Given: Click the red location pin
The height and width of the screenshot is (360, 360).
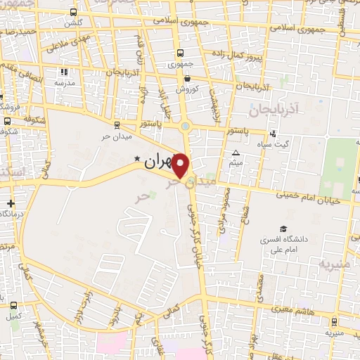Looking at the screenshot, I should pyautogui.click(x=181, y=165).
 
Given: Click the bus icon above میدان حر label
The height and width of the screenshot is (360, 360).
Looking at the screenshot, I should pyautogui.click(x=116, y=124).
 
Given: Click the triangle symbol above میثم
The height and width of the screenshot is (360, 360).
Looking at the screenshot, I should pyautogui.click(x=236, y=153).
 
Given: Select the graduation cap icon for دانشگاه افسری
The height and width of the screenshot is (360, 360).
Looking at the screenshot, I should pyautogui.click(x=283, y=229).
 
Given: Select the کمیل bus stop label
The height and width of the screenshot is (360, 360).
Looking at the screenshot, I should pyautogui.click(x=13, y=316).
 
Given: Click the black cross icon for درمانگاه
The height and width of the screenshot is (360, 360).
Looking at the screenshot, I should pyautogui.click(x=10, y=204).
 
